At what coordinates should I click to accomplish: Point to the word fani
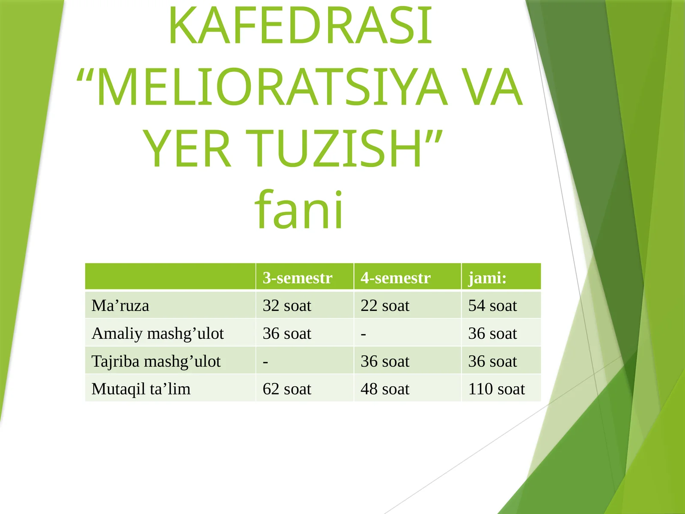tap(299, 210)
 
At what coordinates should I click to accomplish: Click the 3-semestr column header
tap(298, 278)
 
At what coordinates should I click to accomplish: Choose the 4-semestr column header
tap(395, 278)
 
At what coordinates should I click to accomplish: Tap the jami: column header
tap(487, 278)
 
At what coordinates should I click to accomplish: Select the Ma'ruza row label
tap(120, 306)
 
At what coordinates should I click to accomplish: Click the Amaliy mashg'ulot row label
tap(158, 334)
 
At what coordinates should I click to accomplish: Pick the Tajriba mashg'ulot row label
tap(156, 362)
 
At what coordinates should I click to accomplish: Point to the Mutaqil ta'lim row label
tap(141, 389)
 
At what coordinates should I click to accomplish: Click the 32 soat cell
tap(286, 306)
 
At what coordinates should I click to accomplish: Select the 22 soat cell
tap(384, 306)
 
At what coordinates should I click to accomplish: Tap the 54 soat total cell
tap(492, 306)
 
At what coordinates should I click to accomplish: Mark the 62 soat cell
tap(286, 389)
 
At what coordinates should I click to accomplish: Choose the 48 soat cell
tap(384, 389)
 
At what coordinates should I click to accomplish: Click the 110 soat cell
tap(496, 389)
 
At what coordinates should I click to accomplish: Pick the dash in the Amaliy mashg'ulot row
tap(363, 334)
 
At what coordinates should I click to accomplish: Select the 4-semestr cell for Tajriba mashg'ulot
tap(384, 362)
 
